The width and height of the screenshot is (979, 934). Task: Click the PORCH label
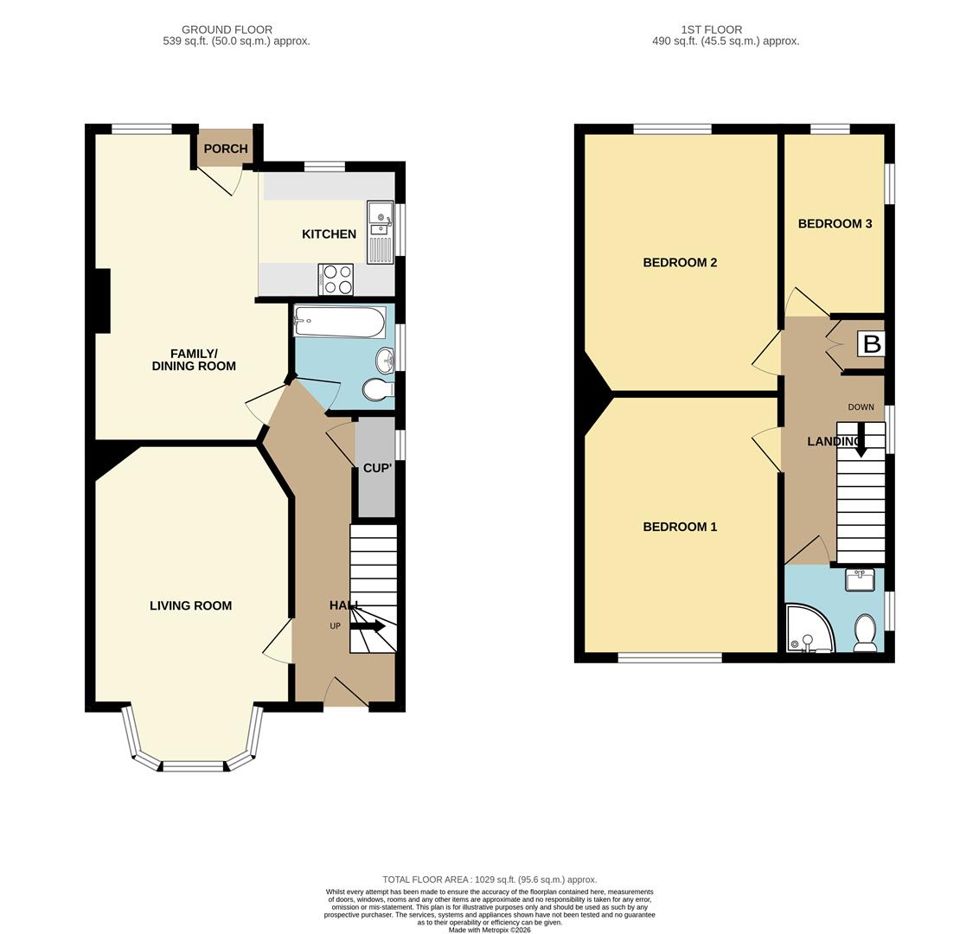[226, 149]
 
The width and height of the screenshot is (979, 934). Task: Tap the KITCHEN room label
[329, 234]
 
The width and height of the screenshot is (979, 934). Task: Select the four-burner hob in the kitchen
[336, 279]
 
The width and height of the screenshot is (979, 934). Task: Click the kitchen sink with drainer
[380, 233]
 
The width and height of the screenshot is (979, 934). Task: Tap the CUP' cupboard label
[377, 468]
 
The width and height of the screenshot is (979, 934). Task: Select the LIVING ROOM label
[190, 605]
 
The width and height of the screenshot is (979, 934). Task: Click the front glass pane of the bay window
[194, 765]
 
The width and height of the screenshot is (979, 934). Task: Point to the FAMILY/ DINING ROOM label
[194, 361]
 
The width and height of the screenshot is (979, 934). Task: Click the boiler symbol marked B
[872, 344]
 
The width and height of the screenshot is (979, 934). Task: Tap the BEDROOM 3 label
[835, 223]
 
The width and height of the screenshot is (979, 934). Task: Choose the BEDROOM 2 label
[680, 262]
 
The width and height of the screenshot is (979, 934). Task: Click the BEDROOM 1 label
[680, 527]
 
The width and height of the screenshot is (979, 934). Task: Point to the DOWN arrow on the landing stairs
[861, 440]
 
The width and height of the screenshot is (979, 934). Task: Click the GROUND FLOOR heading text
[227, 29]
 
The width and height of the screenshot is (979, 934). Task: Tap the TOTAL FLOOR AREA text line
[489, 880]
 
